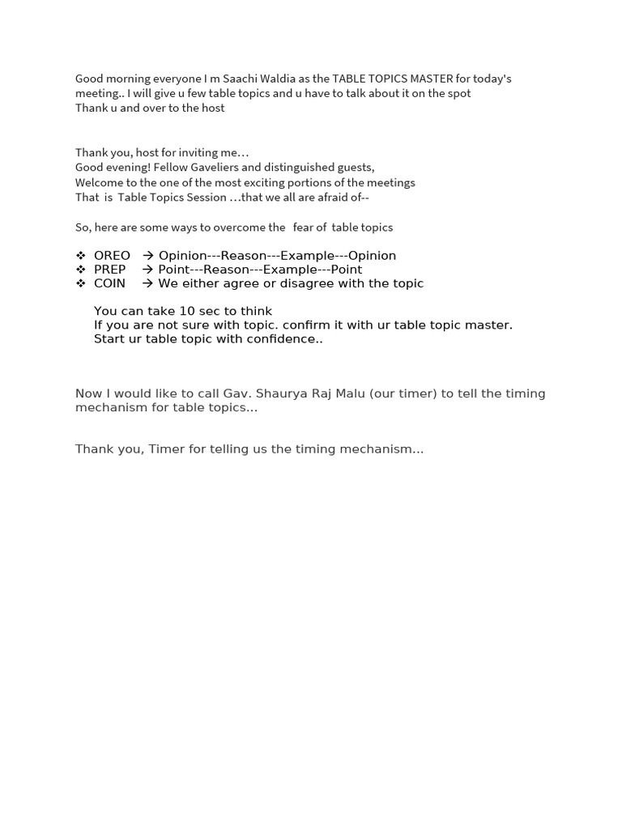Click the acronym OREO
pos(112,256)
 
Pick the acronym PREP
pos(110,270)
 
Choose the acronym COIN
pos(110,283)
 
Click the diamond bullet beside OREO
pos(80,256)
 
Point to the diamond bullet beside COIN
pos(80,283)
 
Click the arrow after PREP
pos(148,270)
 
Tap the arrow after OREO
pos(148,256)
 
